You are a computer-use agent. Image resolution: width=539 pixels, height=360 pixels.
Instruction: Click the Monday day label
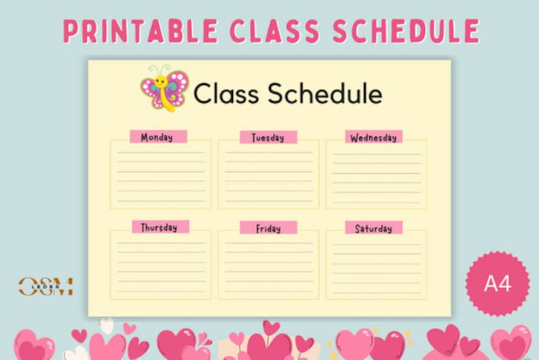(157, 137)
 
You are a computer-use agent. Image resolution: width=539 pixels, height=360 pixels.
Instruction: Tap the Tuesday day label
(268, 137)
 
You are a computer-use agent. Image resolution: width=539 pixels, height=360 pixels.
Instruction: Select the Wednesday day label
(373, 137)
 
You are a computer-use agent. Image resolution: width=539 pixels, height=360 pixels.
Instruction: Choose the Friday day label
(268, 228)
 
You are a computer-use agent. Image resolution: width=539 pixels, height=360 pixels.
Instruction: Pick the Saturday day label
(373, 228)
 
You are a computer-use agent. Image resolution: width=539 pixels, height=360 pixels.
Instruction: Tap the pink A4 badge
(498, 283)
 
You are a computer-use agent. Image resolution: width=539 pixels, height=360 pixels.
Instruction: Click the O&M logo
(45, 286)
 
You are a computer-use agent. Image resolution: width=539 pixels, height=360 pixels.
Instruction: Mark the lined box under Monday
(161, 175)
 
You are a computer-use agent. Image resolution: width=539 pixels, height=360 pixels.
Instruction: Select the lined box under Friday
(268, 266)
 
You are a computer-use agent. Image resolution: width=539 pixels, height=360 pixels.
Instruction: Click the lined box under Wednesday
(376, 175)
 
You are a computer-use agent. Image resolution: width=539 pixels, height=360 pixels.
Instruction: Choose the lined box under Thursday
(161, 266)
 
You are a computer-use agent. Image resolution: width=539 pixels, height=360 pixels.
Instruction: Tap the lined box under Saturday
(376, 266)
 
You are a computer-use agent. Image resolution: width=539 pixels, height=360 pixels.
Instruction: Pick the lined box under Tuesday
(268, 175)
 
